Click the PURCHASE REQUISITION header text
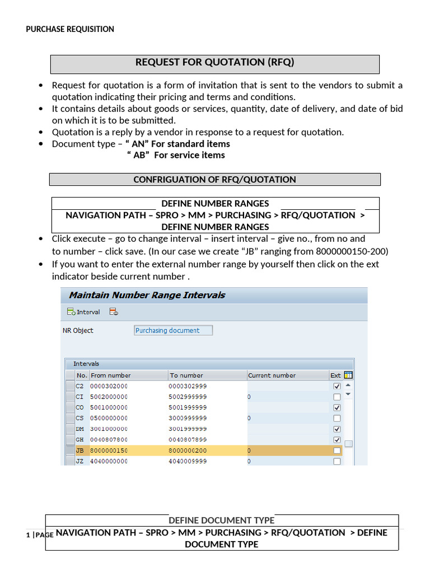[70, 29]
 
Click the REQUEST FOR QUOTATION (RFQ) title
[214, 62]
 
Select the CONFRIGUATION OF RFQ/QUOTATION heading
[214, 180]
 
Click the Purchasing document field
[173, 330]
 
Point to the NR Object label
[78, 330]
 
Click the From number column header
[111, 375]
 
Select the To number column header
[186, 375]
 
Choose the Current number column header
[272, 375]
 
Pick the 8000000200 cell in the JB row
[188, 450]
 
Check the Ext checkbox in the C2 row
[336, 386]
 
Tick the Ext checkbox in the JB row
[336, 450]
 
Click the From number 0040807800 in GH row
[109, 439]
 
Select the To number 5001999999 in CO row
[188, 407]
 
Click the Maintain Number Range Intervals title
[147, 295]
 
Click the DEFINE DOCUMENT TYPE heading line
[221, 520]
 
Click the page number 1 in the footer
[27, 535]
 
